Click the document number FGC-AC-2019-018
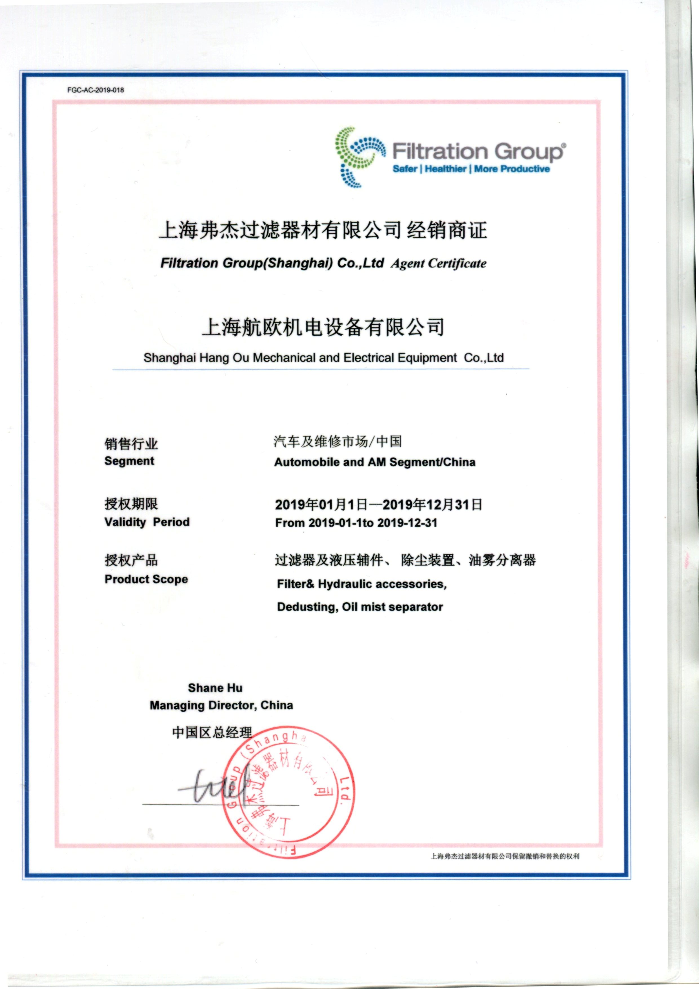pos(96,90)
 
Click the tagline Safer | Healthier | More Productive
pos(471,169)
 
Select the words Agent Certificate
pos(438,264)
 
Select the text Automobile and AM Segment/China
pos(375,462)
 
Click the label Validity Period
pos(147,522)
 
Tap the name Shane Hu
pos(215,688)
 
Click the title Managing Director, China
pos(221,705)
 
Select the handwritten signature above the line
pos(215,786)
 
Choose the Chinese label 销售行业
pos(131,444)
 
